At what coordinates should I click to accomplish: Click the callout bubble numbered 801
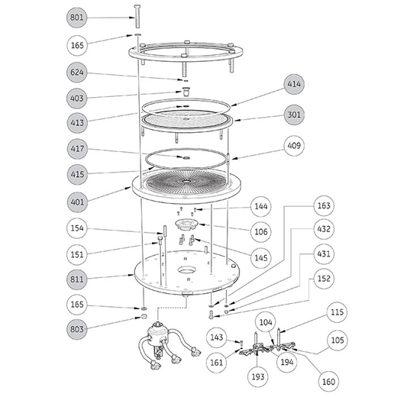coord(76,18)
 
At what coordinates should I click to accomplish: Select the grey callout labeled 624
coord(77,73)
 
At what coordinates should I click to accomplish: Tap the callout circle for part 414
coord(294,84)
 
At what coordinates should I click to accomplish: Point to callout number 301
coord(294,115)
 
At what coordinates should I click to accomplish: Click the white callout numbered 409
coord(294,146)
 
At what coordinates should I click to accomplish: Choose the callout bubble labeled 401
coord(77,202)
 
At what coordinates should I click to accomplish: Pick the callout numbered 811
coord(77,279)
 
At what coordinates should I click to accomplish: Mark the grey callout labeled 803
coord(77,329)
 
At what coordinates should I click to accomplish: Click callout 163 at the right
coord(324,205)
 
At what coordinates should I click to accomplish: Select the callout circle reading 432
coord(324,229)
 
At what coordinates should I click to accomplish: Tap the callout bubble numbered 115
coord(337,312)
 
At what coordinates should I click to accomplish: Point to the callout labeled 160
coord(328,382)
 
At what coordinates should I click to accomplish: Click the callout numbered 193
coord(258,376)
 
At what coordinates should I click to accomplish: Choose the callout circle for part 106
coord(261,231)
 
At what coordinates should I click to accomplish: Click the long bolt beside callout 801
coord(137,16)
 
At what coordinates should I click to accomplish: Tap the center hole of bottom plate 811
coord(187,270)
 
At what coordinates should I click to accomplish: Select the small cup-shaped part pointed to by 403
coord(186,92)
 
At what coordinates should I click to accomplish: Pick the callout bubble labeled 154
coord(77,228)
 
